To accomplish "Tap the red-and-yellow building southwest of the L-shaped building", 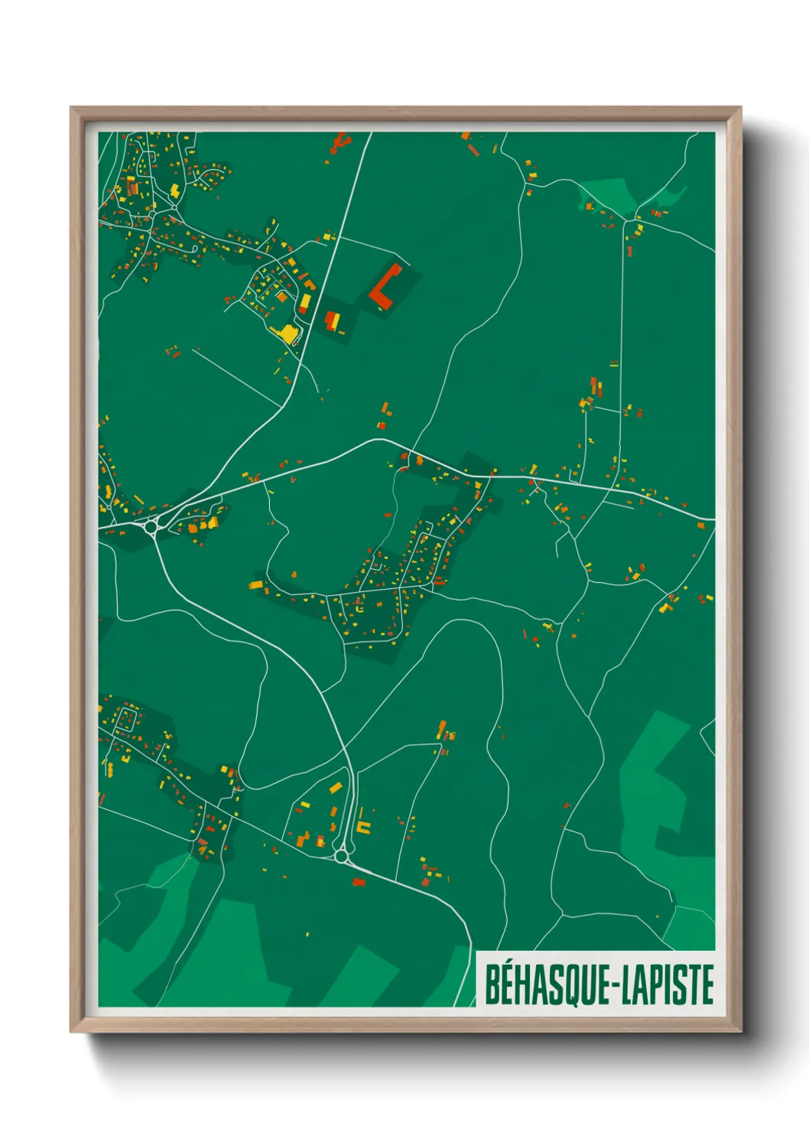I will coord(332,320).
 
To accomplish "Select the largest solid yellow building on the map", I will coord(288,333).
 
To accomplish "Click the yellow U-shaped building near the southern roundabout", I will coord(363,827).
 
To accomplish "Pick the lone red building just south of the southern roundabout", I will coord(358,882).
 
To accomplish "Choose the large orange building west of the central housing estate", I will coord(256,585).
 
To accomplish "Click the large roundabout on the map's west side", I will coord(151,525).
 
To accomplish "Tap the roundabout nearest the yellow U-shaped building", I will coord(341,856).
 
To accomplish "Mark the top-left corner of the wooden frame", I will coord(71,108).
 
